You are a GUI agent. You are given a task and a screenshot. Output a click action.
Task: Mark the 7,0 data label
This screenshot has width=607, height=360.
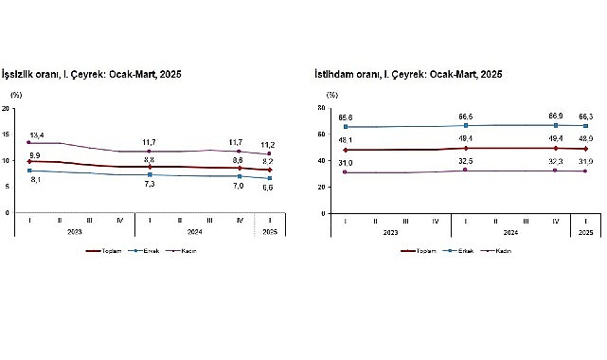240,186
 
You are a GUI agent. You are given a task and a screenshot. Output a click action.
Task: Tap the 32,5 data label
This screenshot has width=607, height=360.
467,162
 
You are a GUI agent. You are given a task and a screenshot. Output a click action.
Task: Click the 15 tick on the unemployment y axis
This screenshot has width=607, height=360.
7,135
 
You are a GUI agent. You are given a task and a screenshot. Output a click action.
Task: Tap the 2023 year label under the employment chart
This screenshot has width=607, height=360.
391,232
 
